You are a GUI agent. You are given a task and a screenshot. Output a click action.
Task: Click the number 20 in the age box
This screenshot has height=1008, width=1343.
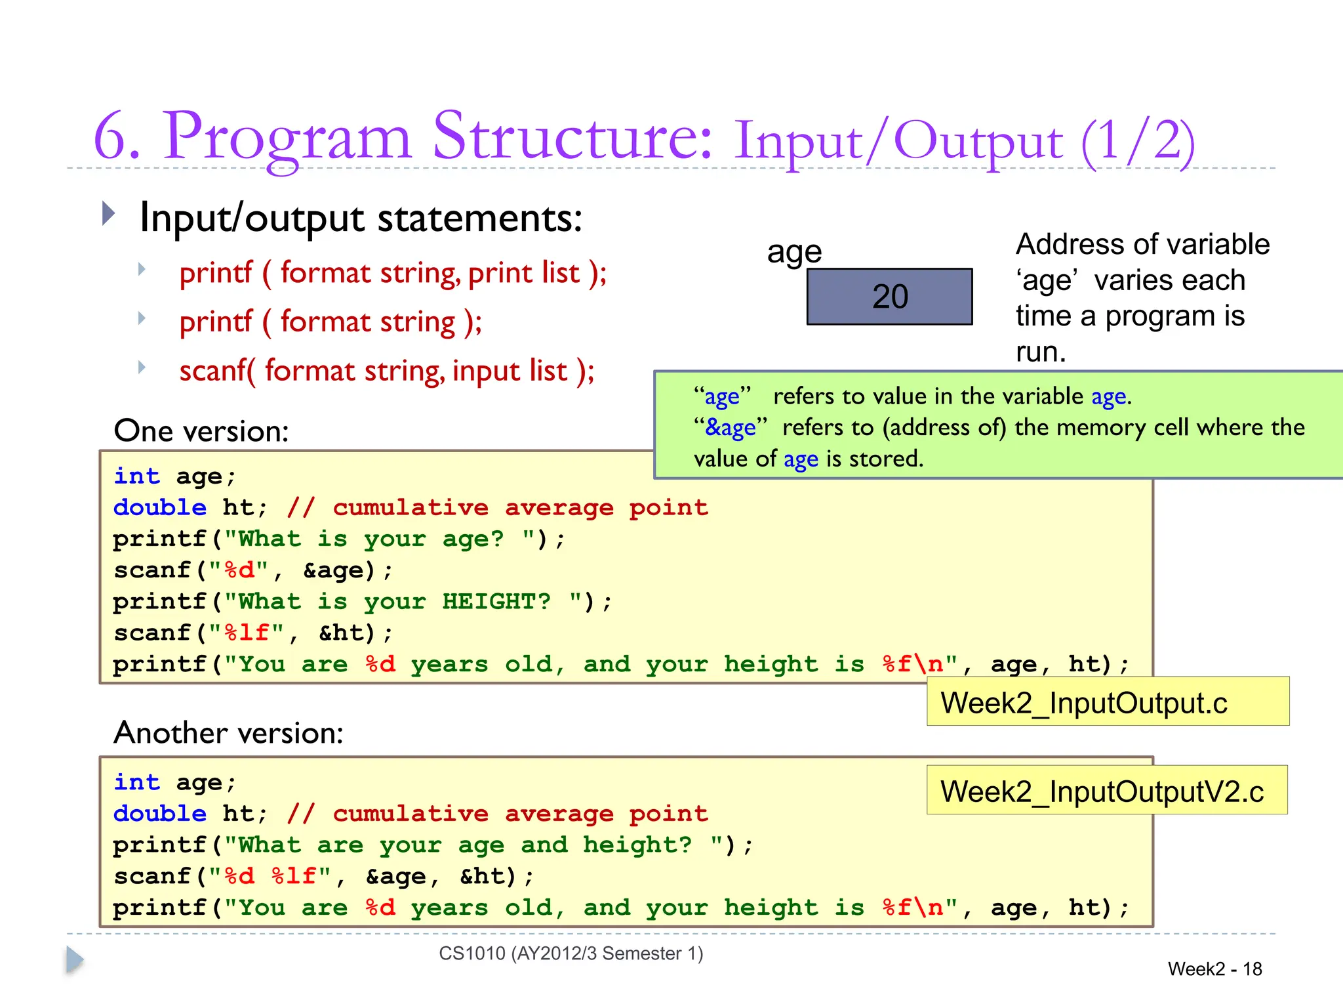890,297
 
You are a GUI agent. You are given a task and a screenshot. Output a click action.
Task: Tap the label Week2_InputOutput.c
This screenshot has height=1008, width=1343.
1083,703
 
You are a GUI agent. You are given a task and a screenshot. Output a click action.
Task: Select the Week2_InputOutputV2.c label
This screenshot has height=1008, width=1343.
1102,791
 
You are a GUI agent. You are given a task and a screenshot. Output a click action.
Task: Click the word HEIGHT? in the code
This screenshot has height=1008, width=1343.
496,601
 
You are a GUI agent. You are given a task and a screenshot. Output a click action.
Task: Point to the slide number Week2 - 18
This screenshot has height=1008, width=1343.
1214,969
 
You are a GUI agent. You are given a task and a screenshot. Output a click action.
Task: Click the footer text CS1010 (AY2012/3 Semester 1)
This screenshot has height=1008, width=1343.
571,953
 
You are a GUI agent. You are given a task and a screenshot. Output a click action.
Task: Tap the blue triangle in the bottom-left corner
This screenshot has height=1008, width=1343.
75,960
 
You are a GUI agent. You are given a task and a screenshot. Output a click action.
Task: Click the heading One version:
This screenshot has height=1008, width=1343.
201,431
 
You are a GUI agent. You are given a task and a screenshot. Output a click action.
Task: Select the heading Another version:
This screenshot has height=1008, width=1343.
228,732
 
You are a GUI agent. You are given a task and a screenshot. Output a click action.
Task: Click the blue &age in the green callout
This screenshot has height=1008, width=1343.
730,427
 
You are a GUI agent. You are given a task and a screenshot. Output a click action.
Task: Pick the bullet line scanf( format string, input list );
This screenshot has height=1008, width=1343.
387,371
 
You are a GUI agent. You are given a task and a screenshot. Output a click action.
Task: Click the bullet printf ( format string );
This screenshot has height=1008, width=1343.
331,322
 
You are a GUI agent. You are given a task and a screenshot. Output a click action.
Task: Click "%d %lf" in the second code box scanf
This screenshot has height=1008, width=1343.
270,876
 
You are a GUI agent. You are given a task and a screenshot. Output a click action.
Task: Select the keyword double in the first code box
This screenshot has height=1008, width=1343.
159,507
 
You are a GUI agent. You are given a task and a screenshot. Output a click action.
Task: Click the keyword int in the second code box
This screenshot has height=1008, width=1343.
136,782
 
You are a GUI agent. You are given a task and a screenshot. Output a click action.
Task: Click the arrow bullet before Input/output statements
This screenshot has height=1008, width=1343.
109,214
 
